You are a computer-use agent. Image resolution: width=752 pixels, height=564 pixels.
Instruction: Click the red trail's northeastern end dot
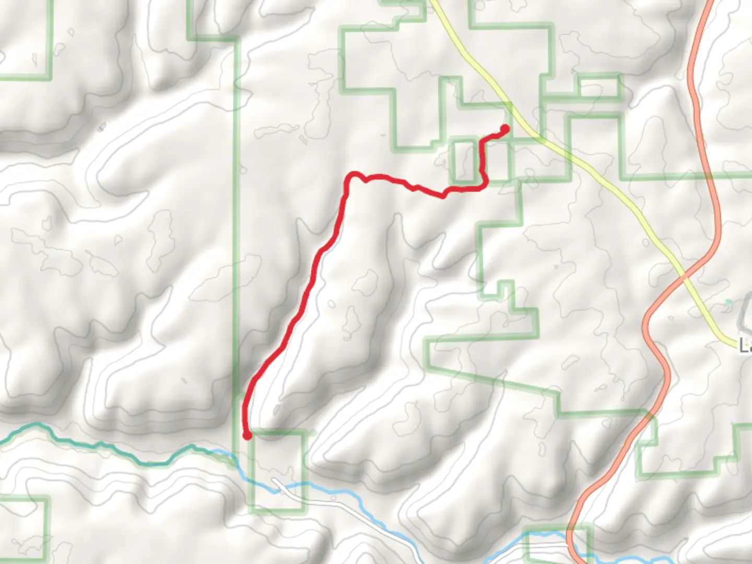point(505,128)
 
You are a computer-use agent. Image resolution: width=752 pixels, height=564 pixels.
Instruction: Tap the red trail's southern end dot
point(247,435)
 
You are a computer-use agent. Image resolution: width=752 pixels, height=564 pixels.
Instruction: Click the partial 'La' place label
point(746,346)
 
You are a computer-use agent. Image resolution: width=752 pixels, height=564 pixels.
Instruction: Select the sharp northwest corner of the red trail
point(354,174)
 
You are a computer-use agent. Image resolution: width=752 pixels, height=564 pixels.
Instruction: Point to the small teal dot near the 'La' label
point(728,302)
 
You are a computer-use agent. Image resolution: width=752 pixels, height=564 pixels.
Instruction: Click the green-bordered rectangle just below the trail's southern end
point(277,470)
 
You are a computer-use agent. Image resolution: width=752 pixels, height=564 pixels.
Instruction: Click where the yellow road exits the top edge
point(432,2)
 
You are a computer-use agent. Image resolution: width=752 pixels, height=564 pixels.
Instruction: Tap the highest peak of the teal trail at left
point(37,425)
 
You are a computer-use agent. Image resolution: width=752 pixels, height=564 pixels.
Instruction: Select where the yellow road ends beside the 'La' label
point(734,344)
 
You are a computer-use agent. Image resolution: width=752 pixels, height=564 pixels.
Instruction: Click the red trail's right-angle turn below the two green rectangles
point(485,185)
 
